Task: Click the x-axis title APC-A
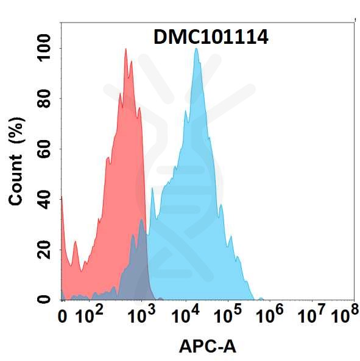pos(208,347)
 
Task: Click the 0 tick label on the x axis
pos(62,317)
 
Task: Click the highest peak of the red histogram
pos(125,50)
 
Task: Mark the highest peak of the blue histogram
pos(196,50)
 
